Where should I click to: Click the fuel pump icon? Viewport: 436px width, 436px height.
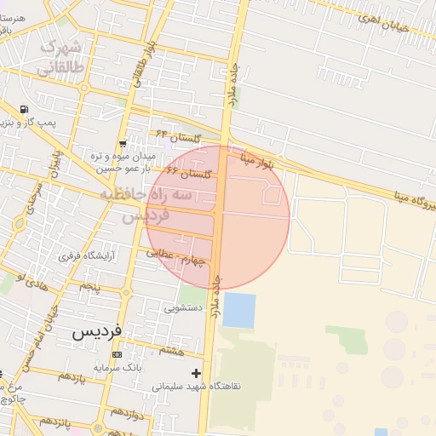click(x=22, y=109)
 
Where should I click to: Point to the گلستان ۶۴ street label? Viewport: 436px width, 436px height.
click(x=176, y=137)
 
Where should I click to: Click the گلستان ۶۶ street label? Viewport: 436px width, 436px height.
click(x=187, y=173)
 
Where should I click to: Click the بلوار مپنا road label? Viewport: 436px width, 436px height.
click(x=257, y=159)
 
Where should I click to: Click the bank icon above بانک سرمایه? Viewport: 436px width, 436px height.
click(x=117, y=355)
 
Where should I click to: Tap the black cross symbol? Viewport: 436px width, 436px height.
click(x=197, y=373)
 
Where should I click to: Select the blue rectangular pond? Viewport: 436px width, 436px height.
click(x=238, y=310)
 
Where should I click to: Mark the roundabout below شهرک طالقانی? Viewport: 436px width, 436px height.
click(x=83, y=87)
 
